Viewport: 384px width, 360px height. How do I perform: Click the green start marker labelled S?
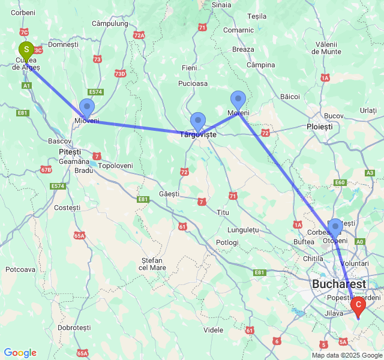(26, 50)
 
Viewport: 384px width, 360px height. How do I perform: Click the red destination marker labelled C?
(358, 305)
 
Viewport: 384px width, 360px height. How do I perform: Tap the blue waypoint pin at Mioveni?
(87, 108)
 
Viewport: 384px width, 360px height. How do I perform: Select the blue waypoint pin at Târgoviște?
(197, 122)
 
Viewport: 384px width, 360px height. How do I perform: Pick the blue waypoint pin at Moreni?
(238, 100)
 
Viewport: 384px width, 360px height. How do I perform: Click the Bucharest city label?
(338, 283)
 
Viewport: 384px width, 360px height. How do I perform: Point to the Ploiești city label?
(319, 127)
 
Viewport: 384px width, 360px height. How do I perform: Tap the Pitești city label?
(70, 151)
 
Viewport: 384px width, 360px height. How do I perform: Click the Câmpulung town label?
(110, 23)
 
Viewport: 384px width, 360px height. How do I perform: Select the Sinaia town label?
(221, 5)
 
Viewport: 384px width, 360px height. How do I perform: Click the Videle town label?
(213, 330)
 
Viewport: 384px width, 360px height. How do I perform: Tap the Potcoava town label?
(20, 269)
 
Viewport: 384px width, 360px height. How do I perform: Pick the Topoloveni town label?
(115, 165)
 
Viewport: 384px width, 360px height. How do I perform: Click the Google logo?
(20, 353)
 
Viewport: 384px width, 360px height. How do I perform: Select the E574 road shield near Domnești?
(96, 92)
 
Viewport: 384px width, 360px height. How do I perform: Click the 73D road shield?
(120, 74)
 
